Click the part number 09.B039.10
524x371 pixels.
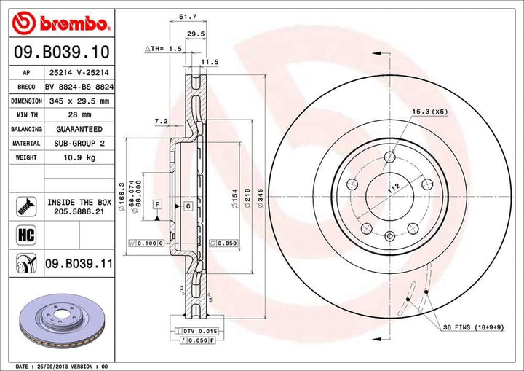(63, 52)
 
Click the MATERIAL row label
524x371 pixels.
(25, 144)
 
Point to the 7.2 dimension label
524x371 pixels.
(162, 121)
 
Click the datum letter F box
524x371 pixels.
(156, 206)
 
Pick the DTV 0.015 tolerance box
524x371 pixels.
(193, 332)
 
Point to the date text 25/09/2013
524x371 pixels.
(54, 365)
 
